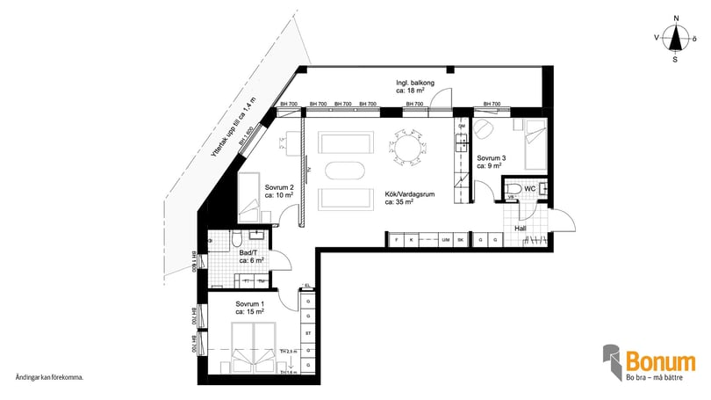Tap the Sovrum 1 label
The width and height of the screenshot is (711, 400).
pyautogui.click(x=250, y=308)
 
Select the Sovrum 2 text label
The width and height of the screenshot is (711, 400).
pyautogui.click(x=279, y=191)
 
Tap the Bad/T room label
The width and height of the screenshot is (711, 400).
pyautogui.click(x=252, y=256)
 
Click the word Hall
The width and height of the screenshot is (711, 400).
pyautogui.click(x=521, y=229)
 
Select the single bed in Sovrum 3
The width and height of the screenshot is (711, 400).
pyautogui.click(x=535, y=145)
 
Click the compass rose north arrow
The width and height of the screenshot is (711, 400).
pyautogui.click(x=674, y=37)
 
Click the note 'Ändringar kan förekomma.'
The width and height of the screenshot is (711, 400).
pyautogui.click(x=49, y=377)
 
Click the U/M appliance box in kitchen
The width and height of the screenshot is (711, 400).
pyautogui.click(x=446, y=239)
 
